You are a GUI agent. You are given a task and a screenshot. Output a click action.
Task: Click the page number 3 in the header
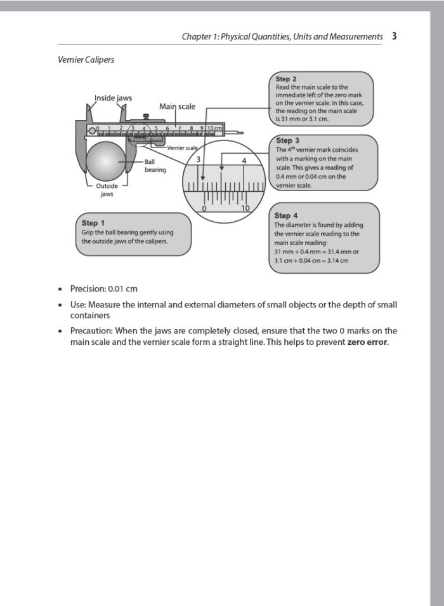point(394,36)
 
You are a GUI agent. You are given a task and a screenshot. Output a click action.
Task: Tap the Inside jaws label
point(113,98)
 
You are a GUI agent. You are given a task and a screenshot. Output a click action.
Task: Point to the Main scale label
point(177,107)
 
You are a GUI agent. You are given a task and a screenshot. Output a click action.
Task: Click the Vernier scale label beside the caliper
point(182,147)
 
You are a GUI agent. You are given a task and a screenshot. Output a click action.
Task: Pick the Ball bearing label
point(155,166)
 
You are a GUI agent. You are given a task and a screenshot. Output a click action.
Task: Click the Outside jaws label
point(107,190)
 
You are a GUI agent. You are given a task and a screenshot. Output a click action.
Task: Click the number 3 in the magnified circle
point(199,159)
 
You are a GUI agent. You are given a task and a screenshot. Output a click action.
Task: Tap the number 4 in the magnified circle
point(244,161)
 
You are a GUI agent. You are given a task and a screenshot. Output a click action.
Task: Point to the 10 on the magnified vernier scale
point(245,208)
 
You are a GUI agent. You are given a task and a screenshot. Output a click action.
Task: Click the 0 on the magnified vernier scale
point(204,208)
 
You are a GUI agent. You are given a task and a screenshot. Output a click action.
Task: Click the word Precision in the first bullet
point(88,288)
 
